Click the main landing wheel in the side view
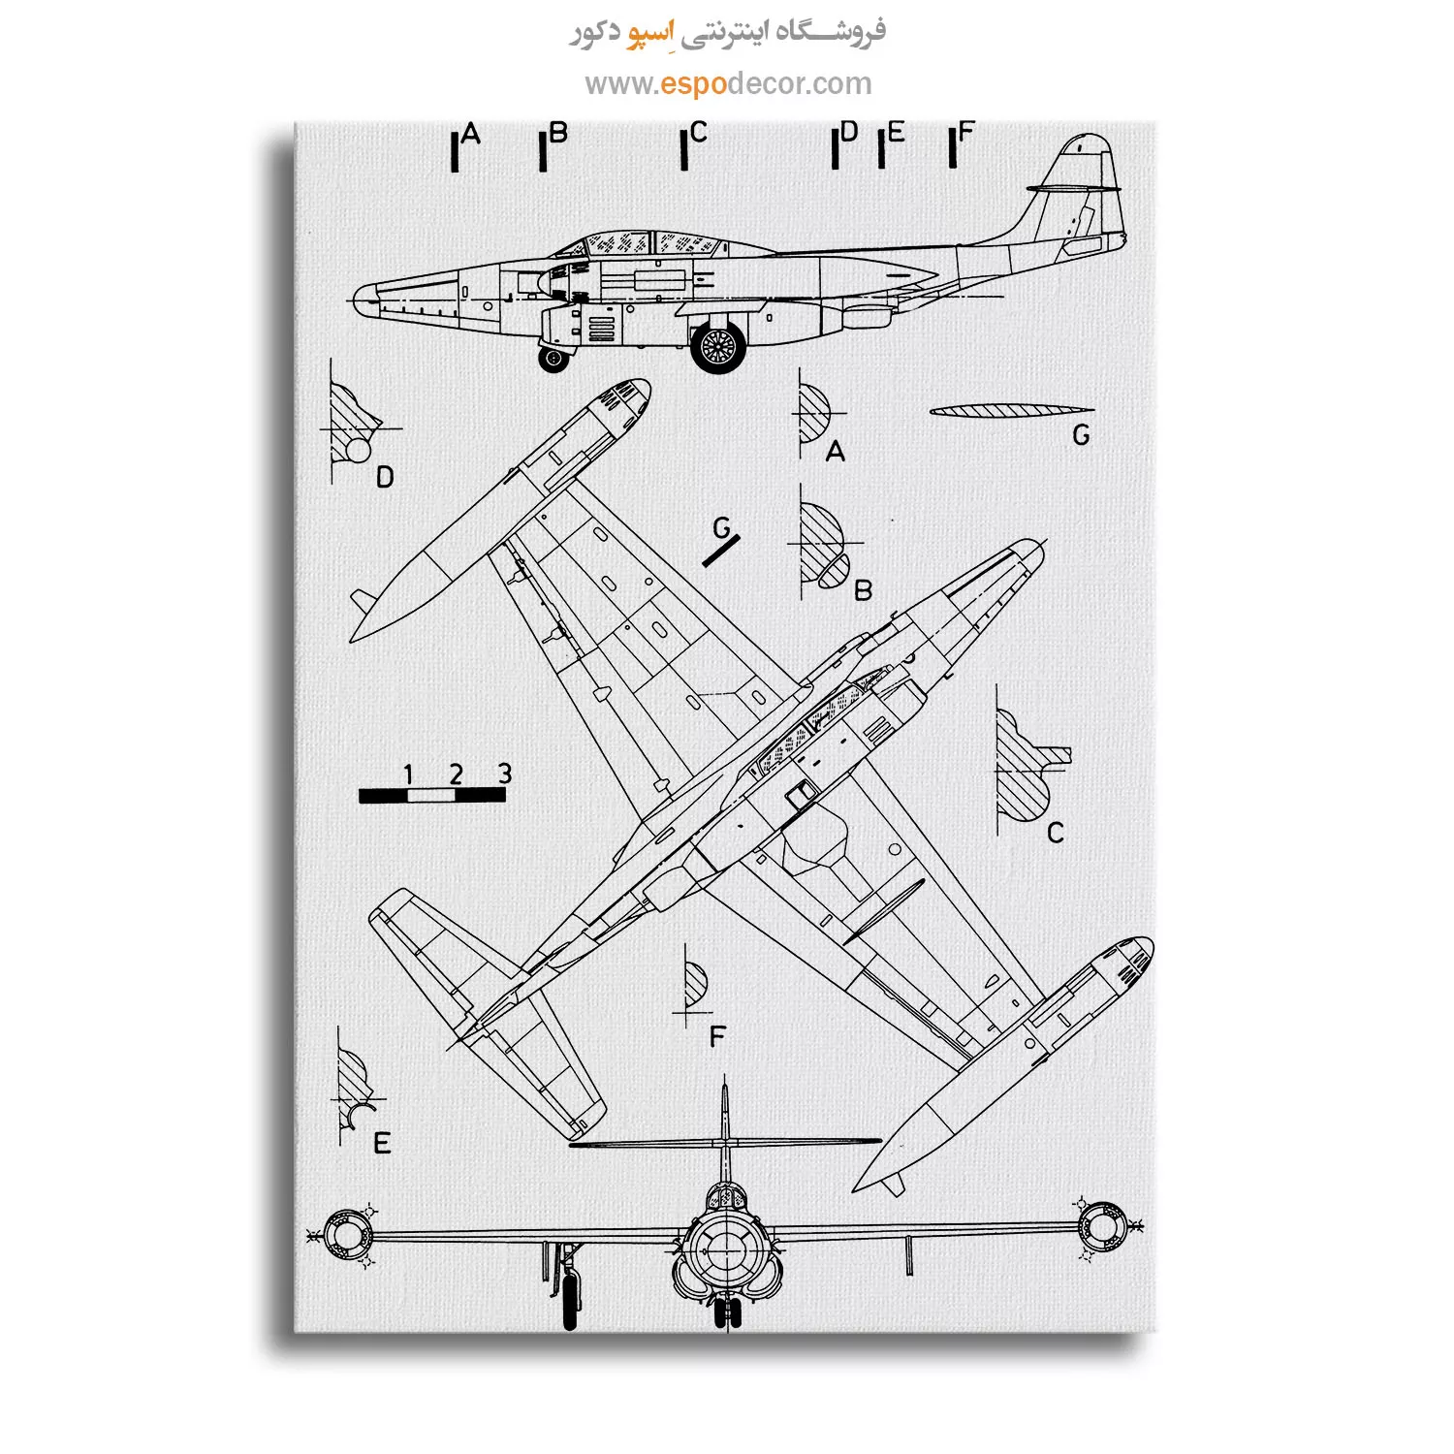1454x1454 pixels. click(718, 347)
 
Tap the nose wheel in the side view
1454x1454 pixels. click(553, 359)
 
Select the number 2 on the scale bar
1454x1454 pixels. click(456, 774)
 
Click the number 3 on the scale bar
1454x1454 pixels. click(504, 773)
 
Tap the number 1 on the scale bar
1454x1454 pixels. click(408, 774)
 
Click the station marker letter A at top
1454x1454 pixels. click(471, 134)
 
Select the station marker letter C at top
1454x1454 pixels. click(699, 133)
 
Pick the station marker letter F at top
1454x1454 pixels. click(965, 133)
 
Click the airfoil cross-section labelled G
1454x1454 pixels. click(1011, 411)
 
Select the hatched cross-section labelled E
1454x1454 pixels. click(353, 1090)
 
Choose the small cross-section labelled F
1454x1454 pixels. click(695, 986)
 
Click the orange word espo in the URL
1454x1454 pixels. click(692, 84)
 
